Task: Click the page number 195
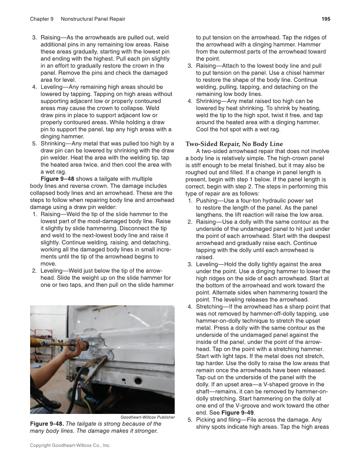coord(326,19)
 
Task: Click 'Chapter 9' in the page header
coord(42,19)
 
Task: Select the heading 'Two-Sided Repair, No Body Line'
coord(234,144)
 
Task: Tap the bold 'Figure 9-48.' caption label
coord(47,424)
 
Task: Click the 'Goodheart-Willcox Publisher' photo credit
coord(148,417)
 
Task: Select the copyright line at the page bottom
coord(70,445)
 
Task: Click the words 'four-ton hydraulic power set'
coord(265,201)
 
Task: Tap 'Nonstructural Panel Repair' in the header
coord(93,19)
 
